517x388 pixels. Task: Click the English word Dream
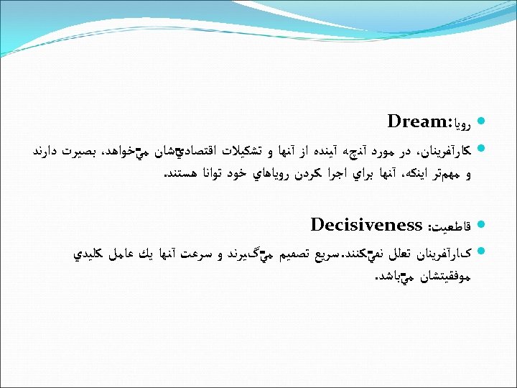(415, 121)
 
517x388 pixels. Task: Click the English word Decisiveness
(366, 225)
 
